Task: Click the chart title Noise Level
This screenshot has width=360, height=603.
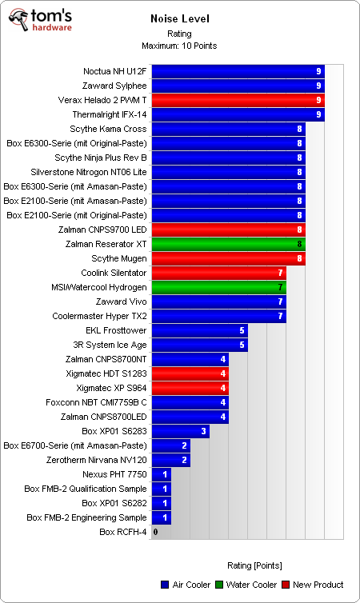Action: tap(179, 18)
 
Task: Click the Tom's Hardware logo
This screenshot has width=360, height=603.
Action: tap(39, 21)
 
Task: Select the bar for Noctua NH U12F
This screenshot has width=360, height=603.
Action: tap(237, 71)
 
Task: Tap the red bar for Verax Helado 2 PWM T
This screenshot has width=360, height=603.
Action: tap(237, 100)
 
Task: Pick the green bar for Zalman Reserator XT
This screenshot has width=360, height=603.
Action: tap(227, 244)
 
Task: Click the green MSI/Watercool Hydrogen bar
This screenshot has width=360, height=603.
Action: tap(218, 287)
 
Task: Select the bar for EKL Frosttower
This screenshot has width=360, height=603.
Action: tap(198, 330)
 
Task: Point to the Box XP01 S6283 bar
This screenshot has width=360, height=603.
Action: tap(180, 431)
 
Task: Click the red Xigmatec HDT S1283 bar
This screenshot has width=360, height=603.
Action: tap(190, 373)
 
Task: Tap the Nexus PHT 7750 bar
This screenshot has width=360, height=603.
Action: tap(161, 474)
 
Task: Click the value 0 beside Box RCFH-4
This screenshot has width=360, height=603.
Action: tap(155, 532)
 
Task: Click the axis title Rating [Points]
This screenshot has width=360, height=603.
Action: tap(248, 564)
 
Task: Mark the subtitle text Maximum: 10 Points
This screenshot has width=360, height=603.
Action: tap(179, 46)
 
